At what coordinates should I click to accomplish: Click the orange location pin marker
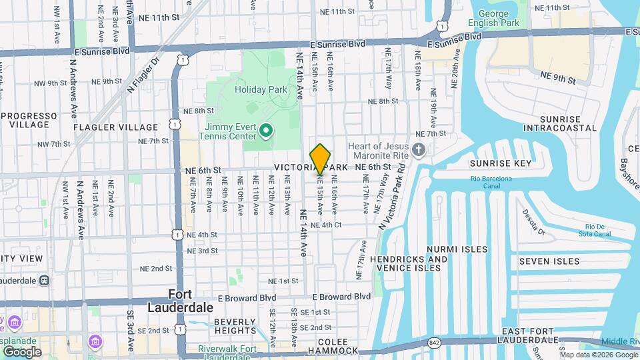(321, 159)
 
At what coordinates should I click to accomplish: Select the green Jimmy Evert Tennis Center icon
(266, 130)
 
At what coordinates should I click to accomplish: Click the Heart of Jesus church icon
(418, 149)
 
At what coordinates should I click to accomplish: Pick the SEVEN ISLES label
(549, 261)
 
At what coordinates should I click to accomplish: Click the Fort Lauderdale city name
(191, 301)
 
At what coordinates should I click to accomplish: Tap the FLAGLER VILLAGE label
(116, 127)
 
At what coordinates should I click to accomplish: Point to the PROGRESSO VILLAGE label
(29, 120)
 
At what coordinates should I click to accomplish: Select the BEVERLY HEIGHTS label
(235, 326)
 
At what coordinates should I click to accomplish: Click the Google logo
(21, 351)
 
